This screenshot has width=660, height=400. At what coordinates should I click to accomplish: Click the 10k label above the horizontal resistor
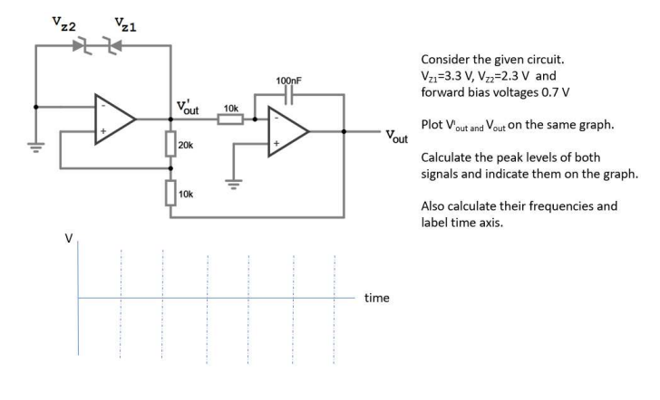pos(230,108)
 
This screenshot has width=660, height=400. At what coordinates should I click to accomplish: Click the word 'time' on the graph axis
pos(377,296)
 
